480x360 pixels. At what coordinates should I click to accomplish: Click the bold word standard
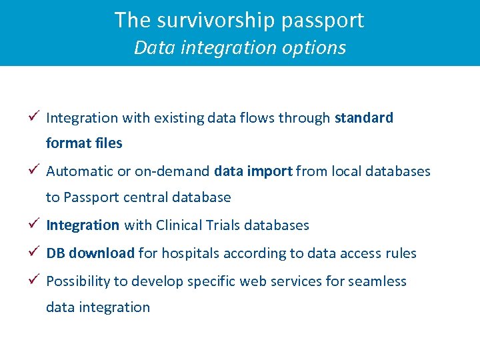[x=364, y=118]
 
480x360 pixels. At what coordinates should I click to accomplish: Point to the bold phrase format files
[x=84, y=143]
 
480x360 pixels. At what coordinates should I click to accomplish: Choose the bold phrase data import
[x=253, y=171]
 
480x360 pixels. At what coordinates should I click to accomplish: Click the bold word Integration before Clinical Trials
[x=83, y=225]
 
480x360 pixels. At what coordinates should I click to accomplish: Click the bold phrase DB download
[x=90, y=253]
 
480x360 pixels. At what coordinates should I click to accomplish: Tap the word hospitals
[x=189, y=253]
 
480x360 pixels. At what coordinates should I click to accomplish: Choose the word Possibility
[x=78, y=281]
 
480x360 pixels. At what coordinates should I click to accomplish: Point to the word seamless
[x=377, y=281]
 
